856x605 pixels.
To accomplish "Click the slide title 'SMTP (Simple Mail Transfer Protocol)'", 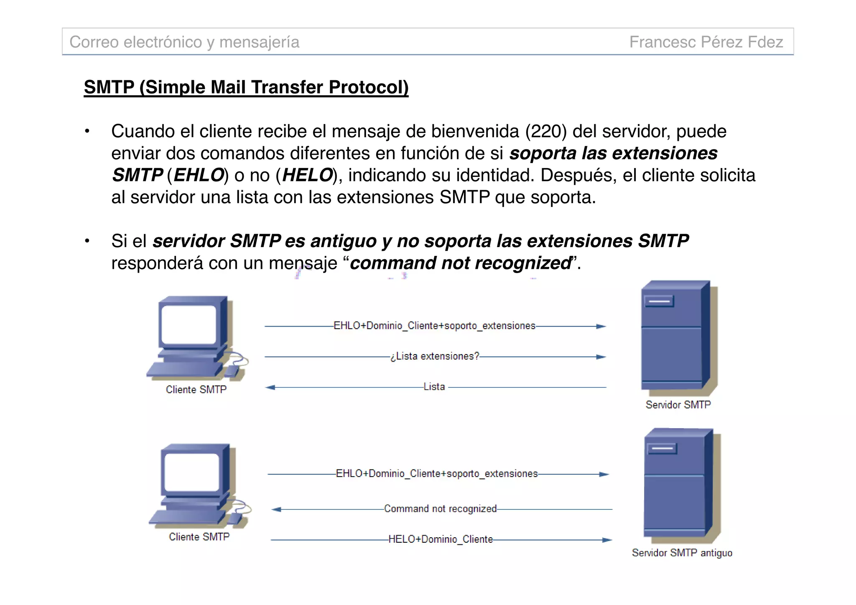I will tap(246, 87).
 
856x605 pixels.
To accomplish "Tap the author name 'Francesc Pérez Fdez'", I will tap(706, 42).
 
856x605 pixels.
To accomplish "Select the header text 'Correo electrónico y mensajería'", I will tap(184, 42).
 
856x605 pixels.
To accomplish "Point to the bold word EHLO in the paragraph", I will tap(199, 175).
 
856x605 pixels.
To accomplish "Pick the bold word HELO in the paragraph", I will tap(307, 175).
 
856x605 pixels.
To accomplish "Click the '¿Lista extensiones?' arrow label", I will tap(435, 356).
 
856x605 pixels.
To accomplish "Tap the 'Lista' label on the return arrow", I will tap(434, 387).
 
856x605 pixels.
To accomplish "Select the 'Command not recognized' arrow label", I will tap(440, 509).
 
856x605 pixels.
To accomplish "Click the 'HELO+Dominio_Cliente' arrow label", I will tap(441, 539).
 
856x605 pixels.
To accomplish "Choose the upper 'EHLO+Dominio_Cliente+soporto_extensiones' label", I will tap(434, 326).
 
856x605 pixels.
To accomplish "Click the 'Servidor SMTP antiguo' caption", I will tap(682, 553).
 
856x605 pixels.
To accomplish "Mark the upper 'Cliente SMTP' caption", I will tap(196, 390).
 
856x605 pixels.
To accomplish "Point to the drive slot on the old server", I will tap(662, 449).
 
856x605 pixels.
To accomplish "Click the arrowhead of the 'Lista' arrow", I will tap(270, 388).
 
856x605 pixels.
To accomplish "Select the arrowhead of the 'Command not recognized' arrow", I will tap(276, 509).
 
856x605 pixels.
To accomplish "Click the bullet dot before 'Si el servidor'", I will tap(87, 241).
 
